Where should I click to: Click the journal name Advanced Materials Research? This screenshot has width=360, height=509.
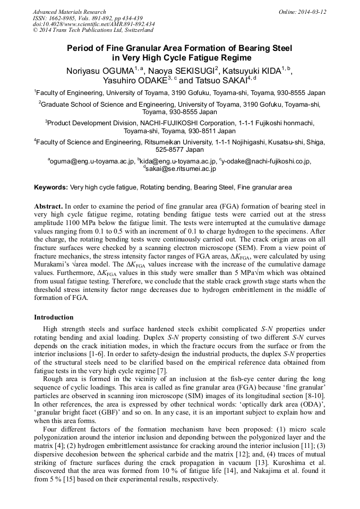point(69,12)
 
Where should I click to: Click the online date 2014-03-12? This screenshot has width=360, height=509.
point(311,12)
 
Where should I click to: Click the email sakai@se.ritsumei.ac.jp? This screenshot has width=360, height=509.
point(181,169)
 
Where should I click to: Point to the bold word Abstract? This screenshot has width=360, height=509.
point(48,206)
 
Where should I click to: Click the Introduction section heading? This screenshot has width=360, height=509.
point(54,317)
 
